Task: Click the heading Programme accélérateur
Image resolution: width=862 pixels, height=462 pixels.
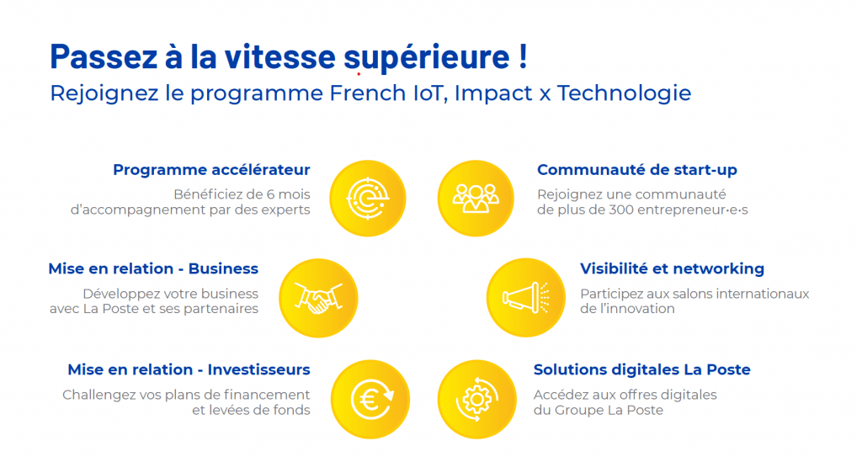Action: [211, 170]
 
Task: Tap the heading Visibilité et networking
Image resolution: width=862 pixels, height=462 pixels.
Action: [672, 269]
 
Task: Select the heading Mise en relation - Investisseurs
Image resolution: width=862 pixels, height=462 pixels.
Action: [189, 369]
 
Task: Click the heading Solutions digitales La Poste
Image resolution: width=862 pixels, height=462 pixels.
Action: [641, 369]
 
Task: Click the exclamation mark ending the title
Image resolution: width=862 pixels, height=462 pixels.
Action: [522, 56]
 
